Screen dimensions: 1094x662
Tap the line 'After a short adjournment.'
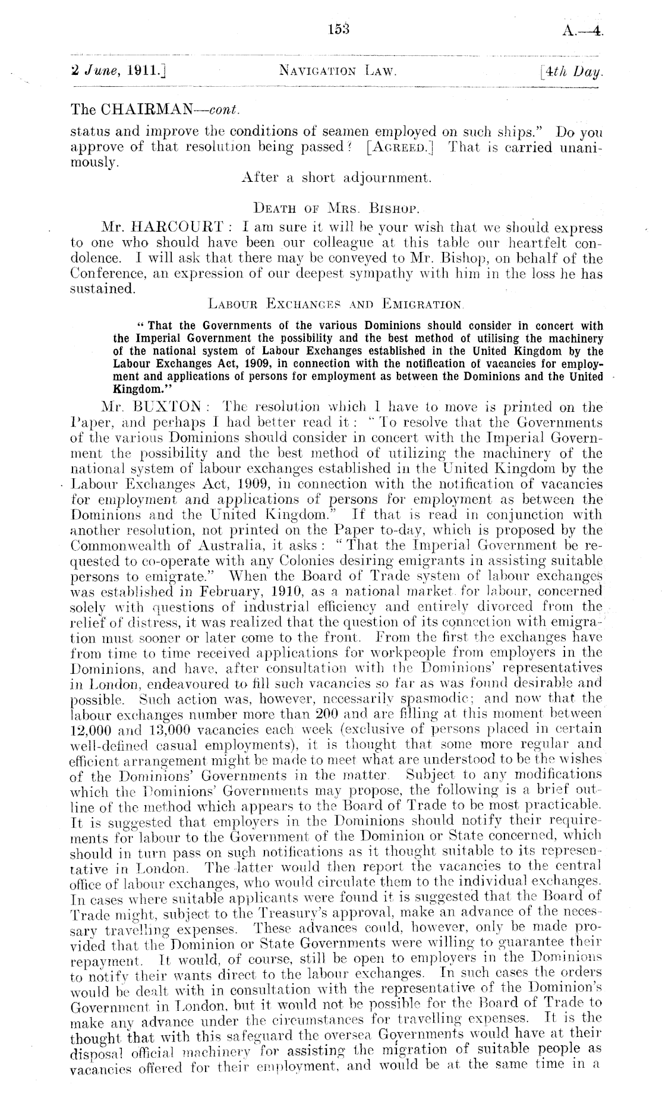pyautogui.click(x=332, y=178)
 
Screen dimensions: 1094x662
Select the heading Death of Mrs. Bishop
pyautogui.click(x=332, y=210)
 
